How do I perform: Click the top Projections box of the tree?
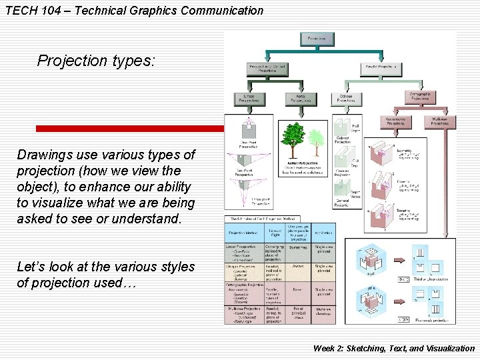[x=317, y=39]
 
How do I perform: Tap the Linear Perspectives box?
[x=249, y=99]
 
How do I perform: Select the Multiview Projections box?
[x=439, y=121]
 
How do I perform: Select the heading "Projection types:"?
[x=96, y=61]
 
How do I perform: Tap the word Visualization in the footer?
[x=441, y=348]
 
